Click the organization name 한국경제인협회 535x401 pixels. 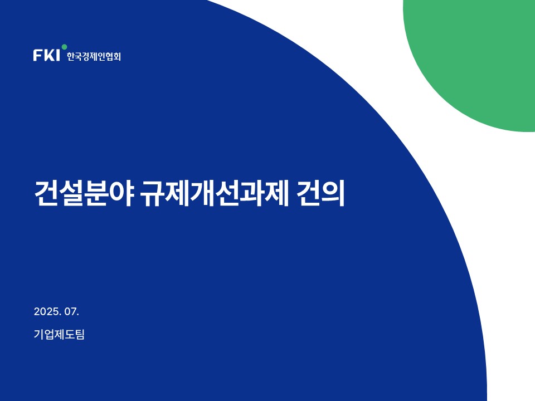(x=94, y=56)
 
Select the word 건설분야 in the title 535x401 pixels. (x=84, y=193)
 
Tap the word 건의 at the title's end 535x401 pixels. (x=320, y=193)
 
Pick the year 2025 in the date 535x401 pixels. (x=46, y=311)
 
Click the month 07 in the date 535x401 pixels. (x=71, y=311)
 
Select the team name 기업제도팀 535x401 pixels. (x=59, y=334)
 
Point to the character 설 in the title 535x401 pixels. (x=72, y=193)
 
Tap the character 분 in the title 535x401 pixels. (x=96, y=193)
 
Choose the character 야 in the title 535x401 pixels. (x=121, y=193)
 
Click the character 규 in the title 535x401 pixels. (x=153, y=193)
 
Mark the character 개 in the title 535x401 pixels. (x=202, y=193)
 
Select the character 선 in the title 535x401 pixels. (x=227, y=193)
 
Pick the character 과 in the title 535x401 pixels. (x=252, y=193)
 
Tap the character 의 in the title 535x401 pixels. (x=333, y=193)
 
